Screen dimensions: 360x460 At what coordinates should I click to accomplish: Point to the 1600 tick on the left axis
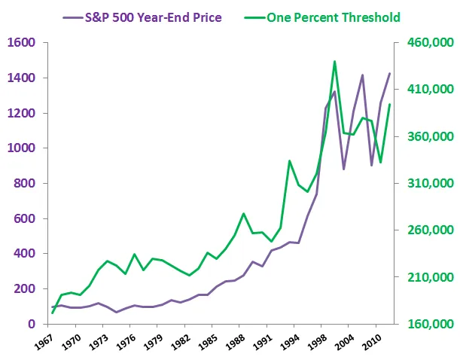pyautogui.click(x=23, y=43)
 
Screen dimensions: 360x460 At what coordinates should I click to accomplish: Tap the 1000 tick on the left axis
pyautogui.click(x=23, y=148)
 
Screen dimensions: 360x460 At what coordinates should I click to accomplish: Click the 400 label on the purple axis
pyautogui.click(x=26, y=254)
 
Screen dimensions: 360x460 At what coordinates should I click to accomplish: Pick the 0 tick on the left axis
pyautogui.click(x=32, y=324)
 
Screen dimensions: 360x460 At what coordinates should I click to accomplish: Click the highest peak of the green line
pyautogui.click(x=334, y=62)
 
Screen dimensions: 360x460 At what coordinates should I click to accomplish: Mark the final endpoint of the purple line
pyautogui.click(x=389, y=74)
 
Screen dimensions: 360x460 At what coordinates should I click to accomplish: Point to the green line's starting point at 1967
pyautogui.click(x=53, y=313)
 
